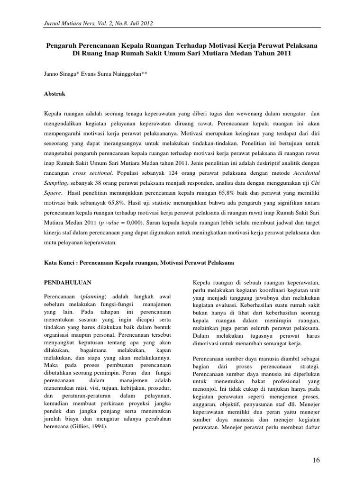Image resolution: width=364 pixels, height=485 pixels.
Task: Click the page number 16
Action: (317, 460)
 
